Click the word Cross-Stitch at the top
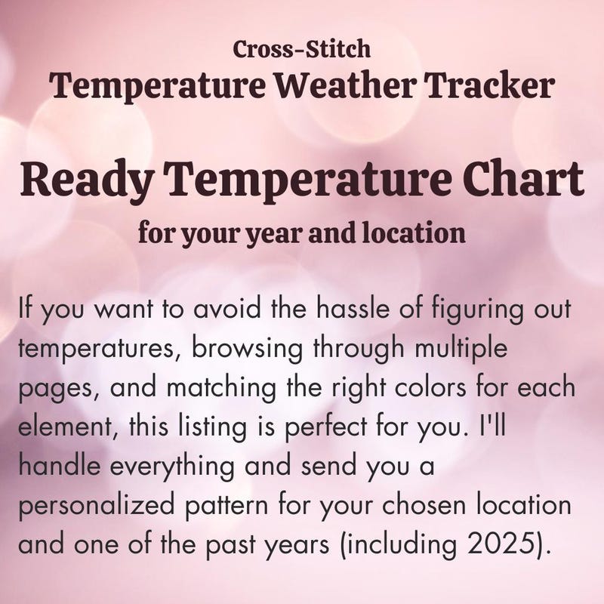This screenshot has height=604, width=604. tap(301, 49)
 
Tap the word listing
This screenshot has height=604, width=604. tap(212, 428)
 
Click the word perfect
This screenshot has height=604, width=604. tap(325, 428)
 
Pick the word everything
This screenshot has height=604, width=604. tap(172, 467)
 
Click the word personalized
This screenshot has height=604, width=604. tap(97, 507)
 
